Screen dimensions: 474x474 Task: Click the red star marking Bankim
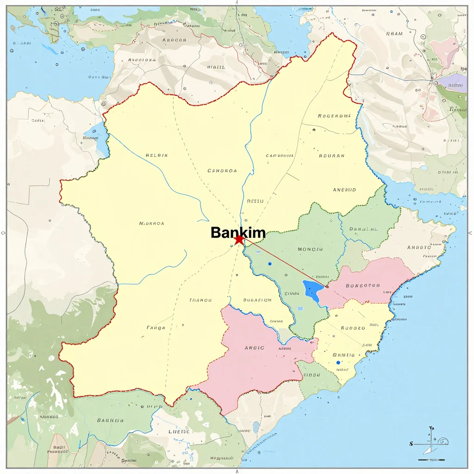point(239,240)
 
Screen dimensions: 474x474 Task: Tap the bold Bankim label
point(238,232)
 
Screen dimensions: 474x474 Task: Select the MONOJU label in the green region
point(310,249)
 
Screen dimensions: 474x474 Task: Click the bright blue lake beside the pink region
point(313,291)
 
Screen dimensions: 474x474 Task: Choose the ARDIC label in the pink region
point(254,348)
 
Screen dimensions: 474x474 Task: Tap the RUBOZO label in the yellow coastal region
point(353,328)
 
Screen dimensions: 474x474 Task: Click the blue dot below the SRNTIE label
point(338,362)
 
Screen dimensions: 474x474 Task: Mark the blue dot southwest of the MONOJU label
point(269,264)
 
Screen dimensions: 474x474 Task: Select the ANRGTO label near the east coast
point(419,247)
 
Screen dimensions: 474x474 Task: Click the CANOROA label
point(222,170)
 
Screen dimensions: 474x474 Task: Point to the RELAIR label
point(156,156)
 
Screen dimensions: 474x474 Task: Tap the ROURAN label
point(331,156)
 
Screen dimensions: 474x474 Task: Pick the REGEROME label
point(334,116)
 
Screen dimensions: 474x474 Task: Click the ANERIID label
point(344,190)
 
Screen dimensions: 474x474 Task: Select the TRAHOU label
point(200,300)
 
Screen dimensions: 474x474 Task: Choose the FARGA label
point(156,328)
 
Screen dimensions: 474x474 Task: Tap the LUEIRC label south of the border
point(179,431)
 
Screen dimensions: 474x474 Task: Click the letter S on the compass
point(411,444)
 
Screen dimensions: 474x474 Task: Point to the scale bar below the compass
point(431,460)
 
